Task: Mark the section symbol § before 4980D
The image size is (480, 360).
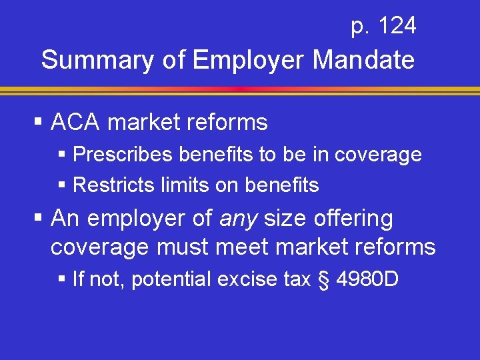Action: (324, 279)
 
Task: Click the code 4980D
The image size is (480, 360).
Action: (367, 279)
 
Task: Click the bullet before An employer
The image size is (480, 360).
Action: (39, 218)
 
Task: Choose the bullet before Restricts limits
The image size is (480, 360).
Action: (62, 185)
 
